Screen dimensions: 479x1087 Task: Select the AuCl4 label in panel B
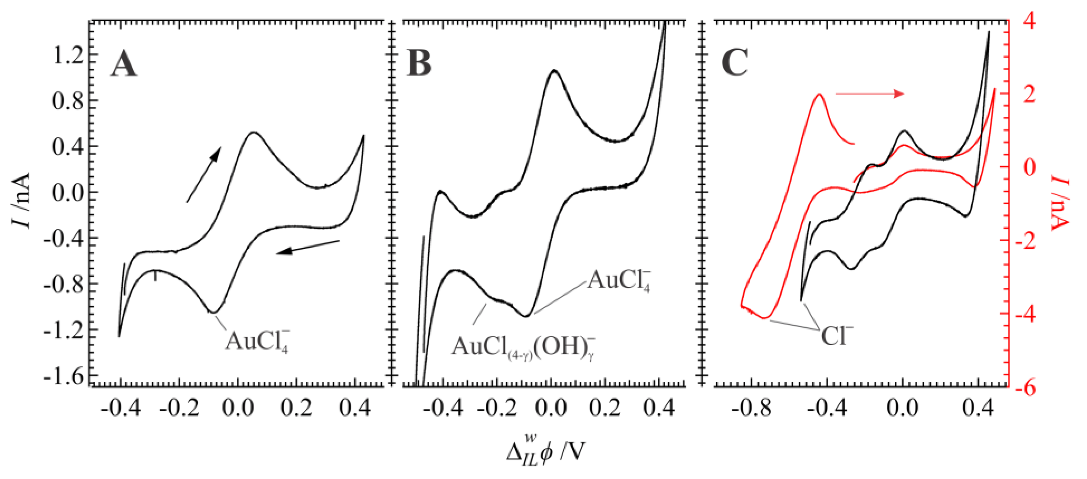(x=619, y=280)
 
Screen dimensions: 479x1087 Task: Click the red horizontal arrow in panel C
(x=869, y=94)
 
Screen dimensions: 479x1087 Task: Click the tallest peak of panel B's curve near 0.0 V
(x=554, y=70)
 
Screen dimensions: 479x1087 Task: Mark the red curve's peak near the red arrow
(x=819, y=94)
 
